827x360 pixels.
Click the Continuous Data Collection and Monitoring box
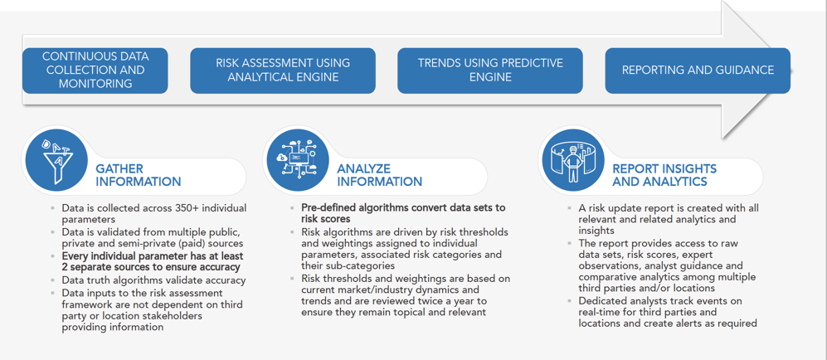(x=95, y=71)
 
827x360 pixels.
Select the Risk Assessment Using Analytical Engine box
(x=283, y=71)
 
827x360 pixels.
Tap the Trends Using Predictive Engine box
(x=490, y=71)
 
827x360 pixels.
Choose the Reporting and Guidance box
(x=698, y=71)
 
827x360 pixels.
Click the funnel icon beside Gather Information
(x=56, y=160)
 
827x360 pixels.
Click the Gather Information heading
(x=139, y=175)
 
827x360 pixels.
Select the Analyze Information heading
(x=380, y=175)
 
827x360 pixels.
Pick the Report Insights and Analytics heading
(x=664, y=175)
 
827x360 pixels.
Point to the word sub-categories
(x=362, y=267)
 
